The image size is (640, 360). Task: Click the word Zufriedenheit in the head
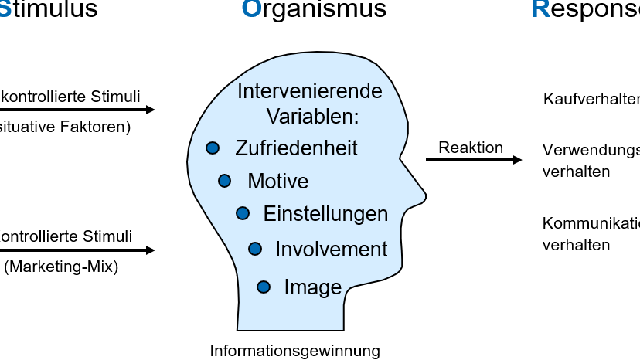point(296,148)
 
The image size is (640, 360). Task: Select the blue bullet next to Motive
point(225,181)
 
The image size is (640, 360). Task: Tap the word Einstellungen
point(325,213)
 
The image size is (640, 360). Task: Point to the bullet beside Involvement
point(255,248)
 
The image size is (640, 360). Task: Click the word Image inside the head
point(312,287)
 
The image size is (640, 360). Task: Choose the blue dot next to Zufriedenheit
point(213,148)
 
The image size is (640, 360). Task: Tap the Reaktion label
point(471,148)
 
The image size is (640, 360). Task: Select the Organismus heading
point(314,9)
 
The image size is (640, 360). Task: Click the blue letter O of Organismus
point(251,9)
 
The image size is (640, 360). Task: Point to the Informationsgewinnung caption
point(295,351)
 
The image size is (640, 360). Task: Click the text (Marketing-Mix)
point(61,268)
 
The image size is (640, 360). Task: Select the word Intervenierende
point(309,91)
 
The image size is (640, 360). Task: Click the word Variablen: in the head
point(313,116)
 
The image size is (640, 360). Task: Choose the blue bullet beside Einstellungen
point(243,212)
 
